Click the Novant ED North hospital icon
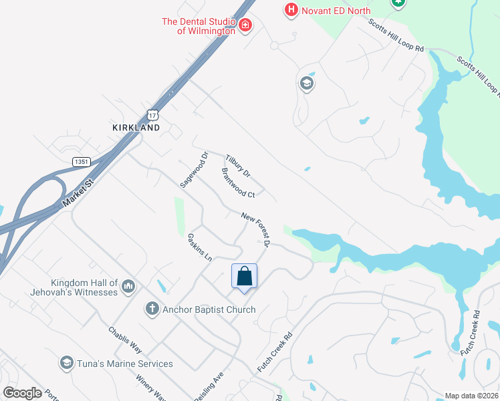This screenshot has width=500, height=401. pyautogui.click(x=291, y=9)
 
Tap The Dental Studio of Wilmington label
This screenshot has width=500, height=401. pyautogui.click(x=199, y=26)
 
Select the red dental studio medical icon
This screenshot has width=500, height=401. pyautogui.click(x=245, y=26)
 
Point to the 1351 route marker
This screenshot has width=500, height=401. pyautogui.click(x=82, y=162)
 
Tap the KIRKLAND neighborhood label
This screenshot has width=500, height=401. pyautogui.click(x=136, y=127)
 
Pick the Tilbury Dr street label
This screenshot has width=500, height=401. pyautogui.click(x=237, y=166)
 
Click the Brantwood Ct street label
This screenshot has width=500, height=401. pyautogui.click(x=238, y=183)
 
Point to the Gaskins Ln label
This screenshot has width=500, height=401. pyautogui.click(x=199, y=247)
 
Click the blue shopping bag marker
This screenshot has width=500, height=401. pyautogui.click(x=244, y=276)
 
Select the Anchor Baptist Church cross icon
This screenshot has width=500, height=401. pyautogui.click(x=152, y=309)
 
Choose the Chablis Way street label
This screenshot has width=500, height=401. pyautogui.click(x=126, y=340)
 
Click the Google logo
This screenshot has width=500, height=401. pyautogui.click(x=22, y=393)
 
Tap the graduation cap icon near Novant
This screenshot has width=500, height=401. pyautogui.click(x=307, y=84)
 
